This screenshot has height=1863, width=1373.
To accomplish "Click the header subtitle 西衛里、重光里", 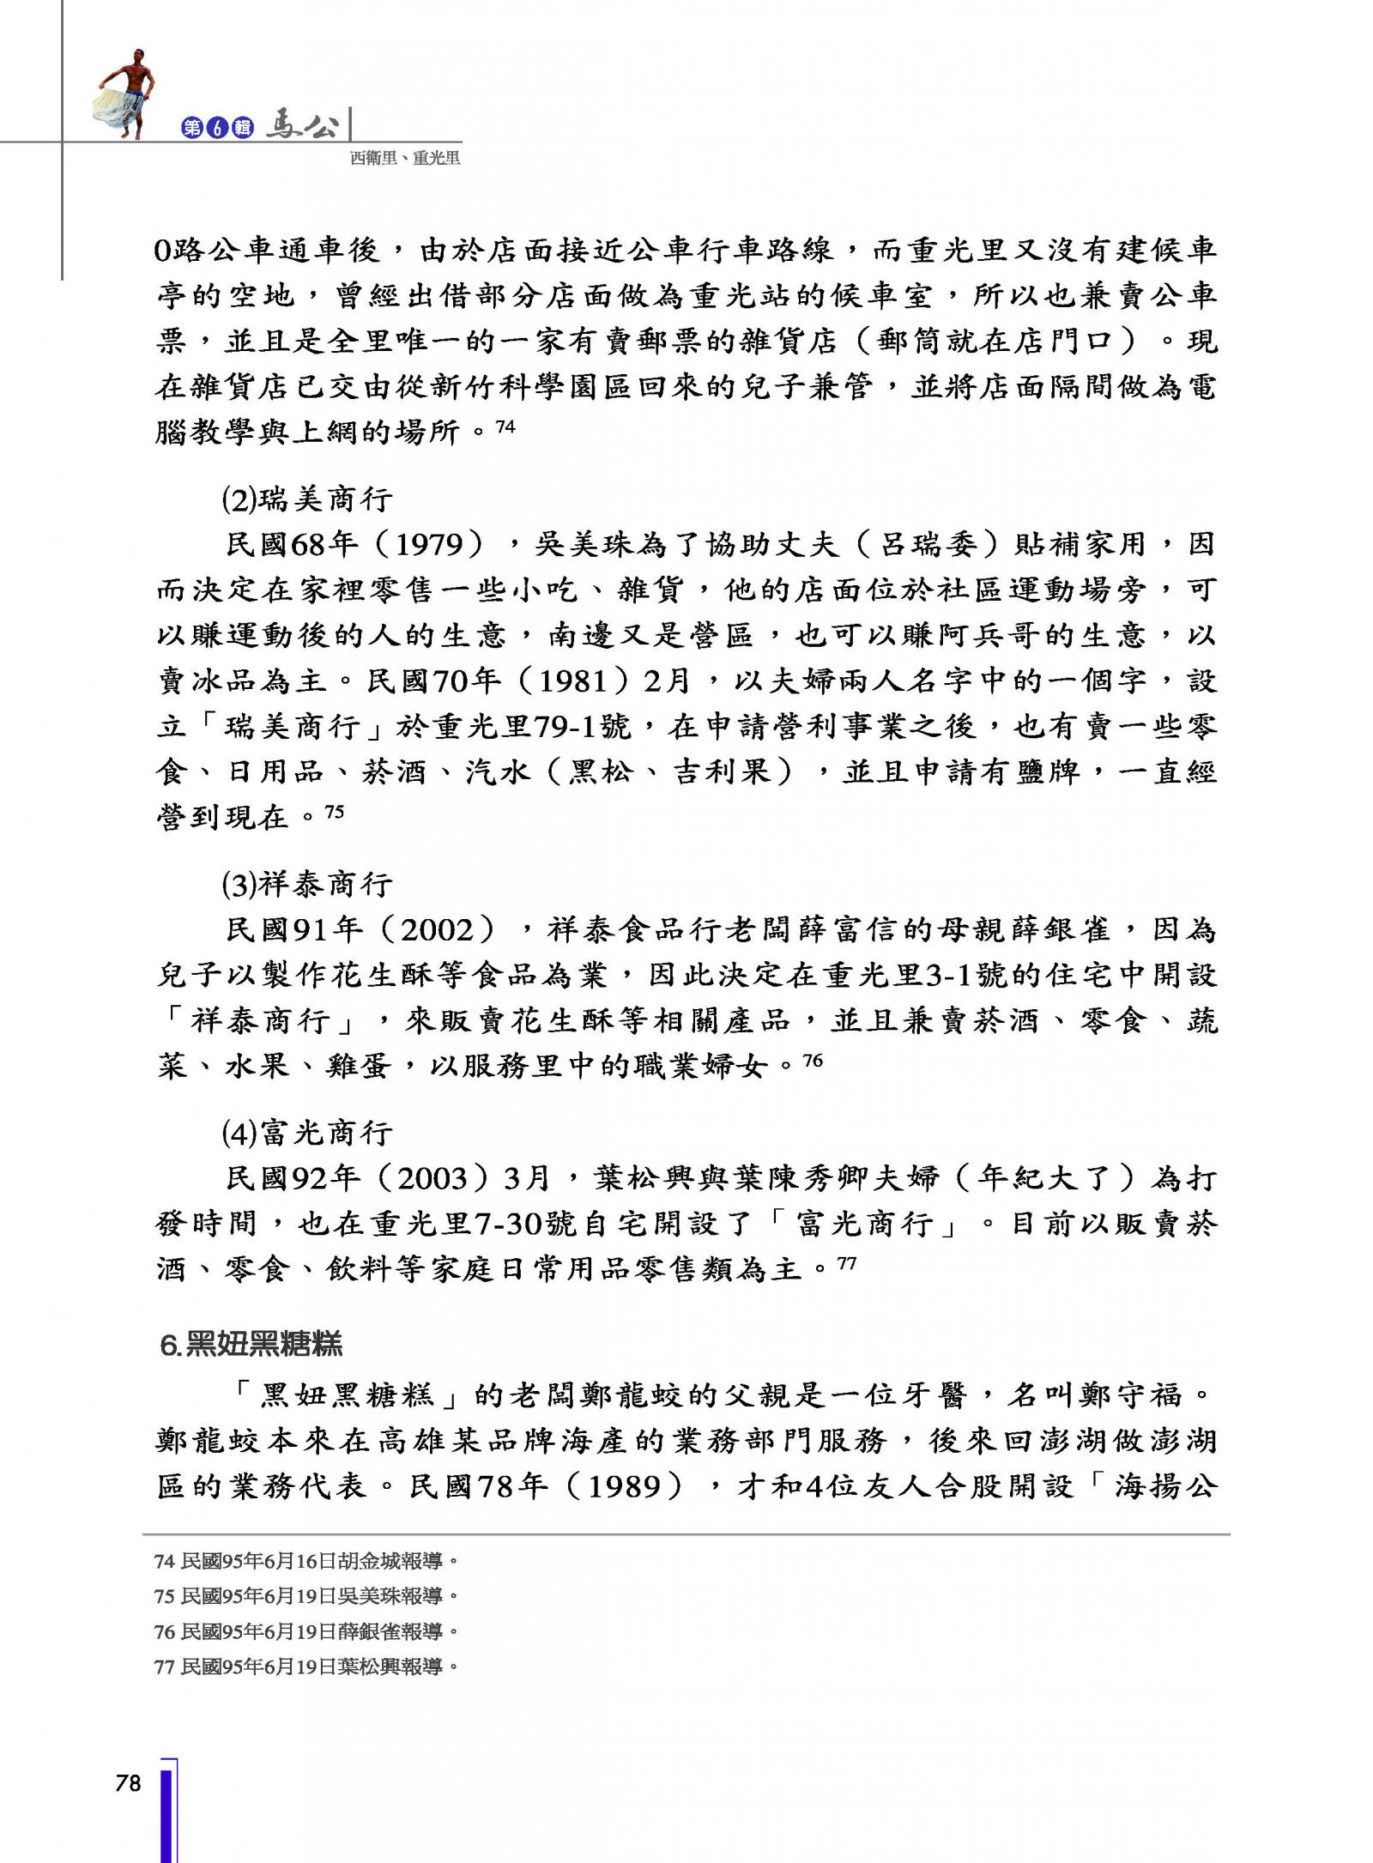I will point(404,158).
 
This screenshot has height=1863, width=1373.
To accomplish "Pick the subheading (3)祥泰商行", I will point(306,884).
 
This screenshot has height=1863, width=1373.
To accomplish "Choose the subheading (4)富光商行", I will point(306,1133).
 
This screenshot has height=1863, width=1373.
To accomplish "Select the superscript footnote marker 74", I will point(505,425).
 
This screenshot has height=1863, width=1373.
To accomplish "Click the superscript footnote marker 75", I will point(334,810).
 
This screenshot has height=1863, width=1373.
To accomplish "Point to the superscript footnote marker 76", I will point(812,1061).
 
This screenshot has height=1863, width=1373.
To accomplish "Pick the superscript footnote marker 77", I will point(846,1263).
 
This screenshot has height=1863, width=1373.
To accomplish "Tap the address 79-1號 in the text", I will point(582,727).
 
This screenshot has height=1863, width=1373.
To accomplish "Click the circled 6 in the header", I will point(217,128).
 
